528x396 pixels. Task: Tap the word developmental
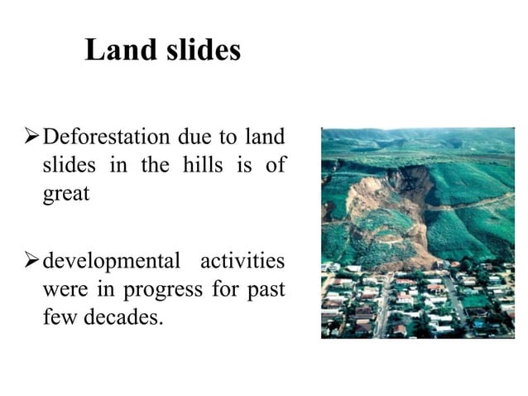pos(111,263)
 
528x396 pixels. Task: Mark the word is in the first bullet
pos(244,164)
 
